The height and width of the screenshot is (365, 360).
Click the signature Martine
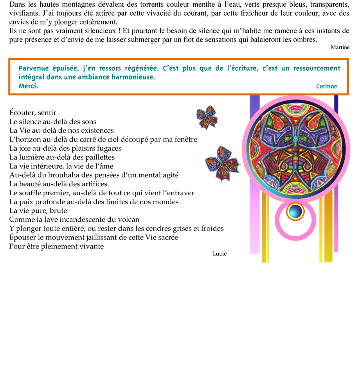[x=340, y=47]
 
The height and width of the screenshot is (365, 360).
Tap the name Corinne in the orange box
[x=326, y=86]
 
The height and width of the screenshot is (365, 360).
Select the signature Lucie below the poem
[x=219, y=254]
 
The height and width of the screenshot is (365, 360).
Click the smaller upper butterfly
[x=207, y=117]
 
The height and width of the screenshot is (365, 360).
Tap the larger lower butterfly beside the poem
[x=222, y=164]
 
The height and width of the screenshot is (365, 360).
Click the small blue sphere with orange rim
[x=295, y=212]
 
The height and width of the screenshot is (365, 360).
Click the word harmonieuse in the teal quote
[x=130, y=77]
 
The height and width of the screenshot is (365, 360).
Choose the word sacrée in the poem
[x=167, y=237]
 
